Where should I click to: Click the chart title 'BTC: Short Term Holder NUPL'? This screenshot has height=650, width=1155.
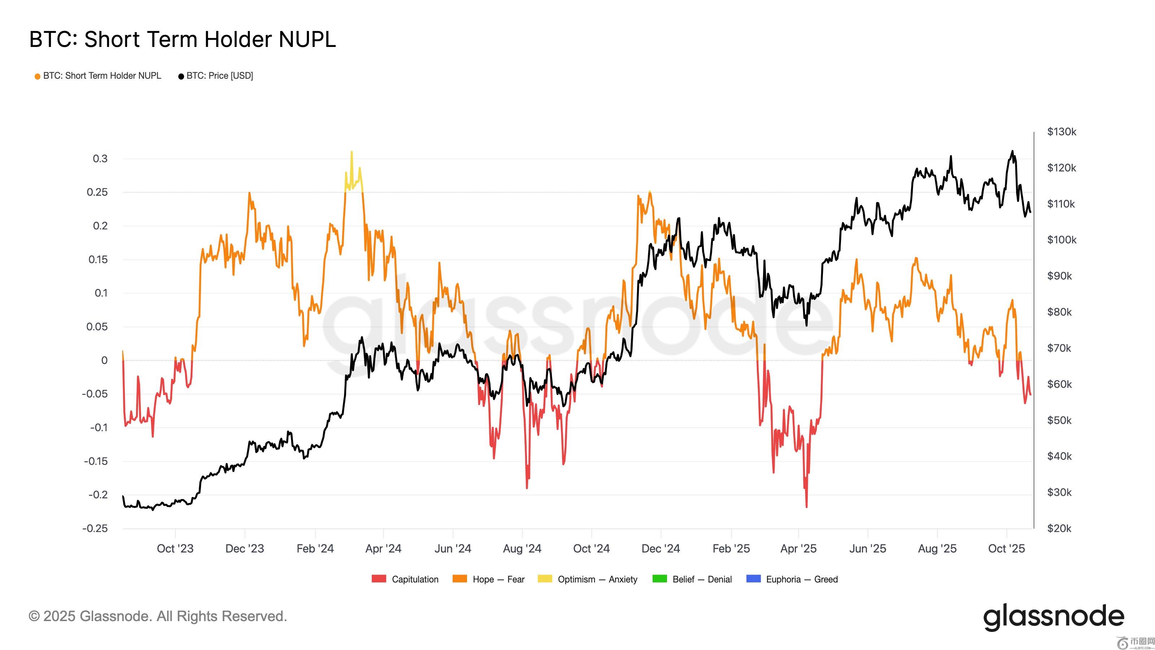pos(182,39)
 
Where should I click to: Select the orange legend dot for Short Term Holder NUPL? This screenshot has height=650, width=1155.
pos(38,76)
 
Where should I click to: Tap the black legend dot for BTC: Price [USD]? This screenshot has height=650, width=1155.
pos(181,76)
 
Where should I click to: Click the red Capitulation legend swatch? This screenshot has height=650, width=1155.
pos(379,578)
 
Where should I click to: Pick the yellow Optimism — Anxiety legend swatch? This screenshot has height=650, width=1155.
pos(545,578)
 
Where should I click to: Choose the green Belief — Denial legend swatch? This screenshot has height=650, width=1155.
pos(659,578)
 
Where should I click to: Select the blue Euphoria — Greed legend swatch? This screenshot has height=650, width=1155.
pos(753,578)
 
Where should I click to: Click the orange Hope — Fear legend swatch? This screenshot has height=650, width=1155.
pos(459,578)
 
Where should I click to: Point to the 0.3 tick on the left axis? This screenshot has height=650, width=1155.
pos(100,159)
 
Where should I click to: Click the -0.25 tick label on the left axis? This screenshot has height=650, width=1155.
pos(95,528)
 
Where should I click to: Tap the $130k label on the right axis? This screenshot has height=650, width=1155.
pos(1061,132)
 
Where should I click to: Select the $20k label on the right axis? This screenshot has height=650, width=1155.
pos(1059,528)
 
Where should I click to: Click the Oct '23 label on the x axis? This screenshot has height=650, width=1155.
pos(175,548)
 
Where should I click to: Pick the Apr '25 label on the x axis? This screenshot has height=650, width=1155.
pos(798,548)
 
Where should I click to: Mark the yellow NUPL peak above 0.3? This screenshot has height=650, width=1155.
pos(352,152)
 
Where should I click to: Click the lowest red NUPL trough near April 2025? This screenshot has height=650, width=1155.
pos(807,506)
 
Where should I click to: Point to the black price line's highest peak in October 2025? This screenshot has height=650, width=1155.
pos(1012,151)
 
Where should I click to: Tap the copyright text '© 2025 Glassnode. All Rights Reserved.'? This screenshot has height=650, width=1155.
pos(157,616)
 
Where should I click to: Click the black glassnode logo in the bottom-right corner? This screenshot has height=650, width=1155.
pos(1053,617)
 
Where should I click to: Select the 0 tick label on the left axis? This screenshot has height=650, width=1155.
pos(104,360)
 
